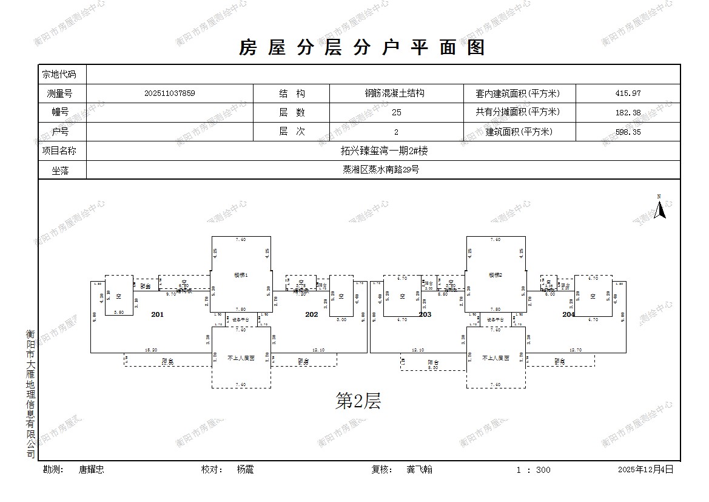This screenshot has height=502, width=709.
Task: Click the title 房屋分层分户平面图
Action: (362, 47)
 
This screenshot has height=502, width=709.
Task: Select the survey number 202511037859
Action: (170, 93)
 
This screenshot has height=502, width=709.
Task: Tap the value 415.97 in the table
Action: (627, 93)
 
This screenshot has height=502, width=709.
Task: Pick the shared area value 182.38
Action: (627, 112)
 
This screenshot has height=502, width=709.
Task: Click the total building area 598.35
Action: (627, 132)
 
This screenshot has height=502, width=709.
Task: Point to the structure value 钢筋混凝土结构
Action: (394, 93)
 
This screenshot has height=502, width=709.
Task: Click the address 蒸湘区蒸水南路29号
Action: (381, 170)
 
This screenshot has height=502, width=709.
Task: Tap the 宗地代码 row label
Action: (59, 75)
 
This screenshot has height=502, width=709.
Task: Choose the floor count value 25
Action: (397, 112)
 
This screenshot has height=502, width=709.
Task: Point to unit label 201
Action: (158, 314)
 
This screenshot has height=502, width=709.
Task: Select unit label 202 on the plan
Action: (311, 314)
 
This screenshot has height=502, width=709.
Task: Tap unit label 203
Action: (425, 314)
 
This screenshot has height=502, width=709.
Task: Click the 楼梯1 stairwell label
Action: (241, 275)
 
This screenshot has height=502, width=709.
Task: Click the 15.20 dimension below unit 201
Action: (151, 350)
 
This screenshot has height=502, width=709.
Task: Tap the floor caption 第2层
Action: (358, 401)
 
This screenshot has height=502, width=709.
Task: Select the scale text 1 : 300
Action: (533, 470)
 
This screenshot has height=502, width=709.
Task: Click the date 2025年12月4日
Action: (645, 469)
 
